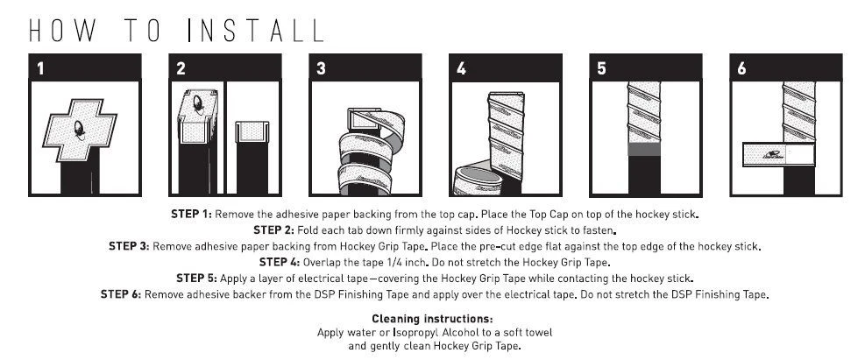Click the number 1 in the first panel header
coord(39,68)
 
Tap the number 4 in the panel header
coord(462,68)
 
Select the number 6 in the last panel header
coord(742,68)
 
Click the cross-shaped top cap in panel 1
coord(80,131)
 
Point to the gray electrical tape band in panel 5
coord(644,149)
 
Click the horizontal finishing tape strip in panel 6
coord(778,154)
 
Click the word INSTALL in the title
coord(255,32)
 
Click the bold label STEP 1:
coord(191,214)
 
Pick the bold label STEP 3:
coord(129,246)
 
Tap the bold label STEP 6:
coord(121,294)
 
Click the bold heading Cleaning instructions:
coord(432,319)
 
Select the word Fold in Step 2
coord(308,229)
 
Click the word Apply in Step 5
coord(232,279)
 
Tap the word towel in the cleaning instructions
coord(538,333)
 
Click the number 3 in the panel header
coord(321,68)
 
